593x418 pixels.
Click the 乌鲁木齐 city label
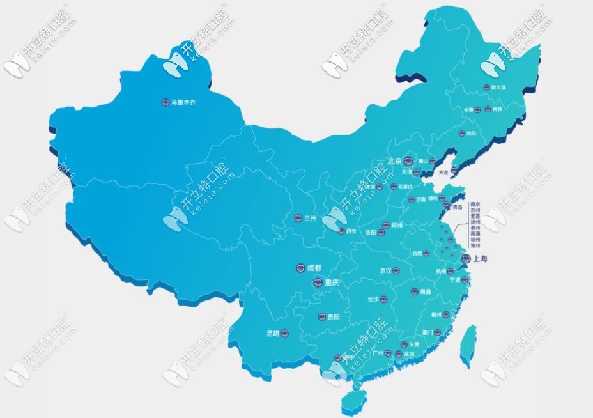(180, 102)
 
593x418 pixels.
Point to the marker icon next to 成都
(300, 268)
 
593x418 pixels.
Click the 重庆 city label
(332, 282)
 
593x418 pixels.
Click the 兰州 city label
(311, 218)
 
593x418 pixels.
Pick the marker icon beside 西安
(341, 231)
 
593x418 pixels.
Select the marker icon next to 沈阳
(461, 134)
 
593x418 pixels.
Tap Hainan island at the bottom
(351, 400)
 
